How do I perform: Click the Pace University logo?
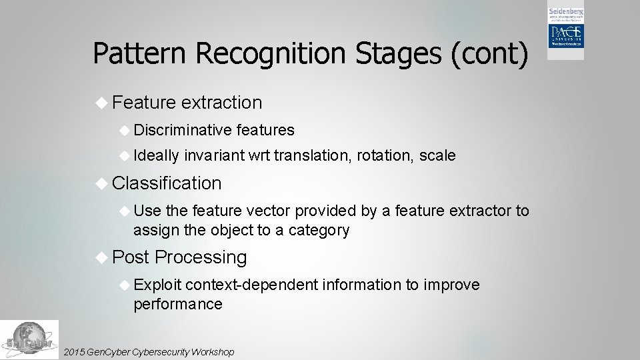(565, 33)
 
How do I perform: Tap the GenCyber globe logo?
(29, 340)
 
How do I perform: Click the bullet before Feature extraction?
(101, 103)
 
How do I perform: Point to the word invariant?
(213, 156)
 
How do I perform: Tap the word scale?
(437, 156)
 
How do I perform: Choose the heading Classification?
(167, 183)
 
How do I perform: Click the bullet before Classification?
(101, 183)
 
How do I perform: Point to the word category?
(319, 231)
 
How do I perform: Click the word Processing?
(201, 257)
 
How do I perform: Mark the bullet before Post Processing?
(101, 257)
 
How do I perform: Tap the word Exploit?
(157, 285)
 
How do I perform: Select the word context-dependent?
(252, 285)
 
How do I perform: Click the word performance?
(177, 305)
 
